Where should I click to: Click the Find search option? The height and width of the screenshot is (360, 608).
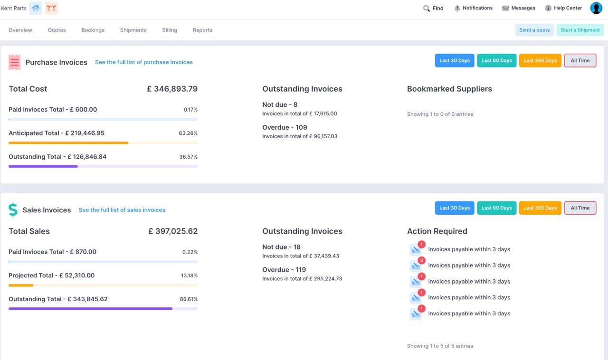click(x=433, y=8)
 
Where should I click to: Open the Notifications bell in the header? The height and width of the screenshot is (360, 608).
click(x=473, y=8)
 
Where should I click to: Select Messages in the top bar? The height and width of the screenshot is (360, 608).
click(x=519, y=8)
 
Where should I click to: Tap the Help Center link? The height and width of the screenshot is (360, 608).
click(x=563, y=8)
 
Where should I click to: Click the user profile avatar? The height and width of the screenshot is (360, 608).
click(x=596, y=8)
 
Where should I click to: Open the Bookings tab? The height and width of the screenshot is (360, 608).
click(x=93, y=30)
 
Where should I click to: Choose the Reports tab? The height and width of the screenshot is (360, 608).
click(x=202, y=30)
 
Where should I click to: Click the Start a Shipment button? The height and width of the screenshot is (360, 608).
click(x=580, y=30)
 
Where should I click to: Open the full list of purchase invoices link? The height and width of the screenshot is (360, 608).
click(x=143, y=62)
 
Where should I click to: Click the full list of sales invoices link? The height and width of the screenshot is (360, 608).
click(x=122, y=210)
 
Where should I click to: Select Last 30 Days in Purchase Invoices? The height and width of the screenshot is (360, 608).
click(x=454, y=61)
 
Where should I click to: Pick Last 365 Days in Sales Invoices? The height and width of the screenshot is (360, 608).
click(x=540, y=208)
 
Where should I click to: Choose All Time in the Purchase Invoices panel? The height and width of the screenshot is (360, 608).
click(x=580, y=61)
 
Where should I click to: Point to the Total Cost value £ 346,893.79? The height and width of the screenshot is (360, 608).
click(x=172, y=89)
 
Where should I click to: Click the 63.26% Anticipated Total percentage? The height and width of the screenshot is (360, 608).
click(x=188, y=133)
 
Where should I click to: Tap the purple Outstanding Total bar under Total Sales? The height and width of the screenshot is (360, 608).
click(x=90, y=309)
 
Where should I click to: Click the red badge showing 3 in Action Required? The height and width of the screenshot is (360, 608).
click(x=421, y=260)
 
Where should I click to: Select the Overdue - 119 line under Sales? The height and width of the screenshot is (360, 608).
click(x=284, y=270)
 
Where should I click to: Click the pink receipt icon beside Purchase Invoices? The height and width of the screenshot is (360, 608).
click(x=15, y=62)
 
